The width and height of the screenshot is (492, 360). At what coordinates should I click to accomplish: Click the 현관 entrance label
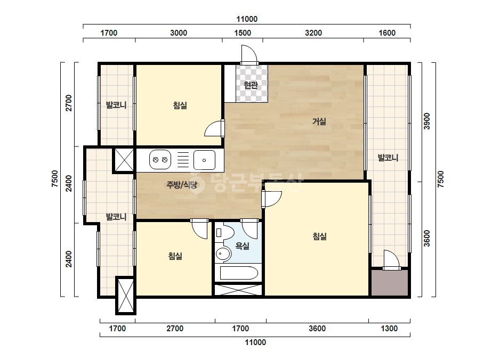(251, 85)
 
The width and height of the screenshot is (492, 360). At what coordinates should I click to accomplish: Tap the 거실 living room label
(319, 121)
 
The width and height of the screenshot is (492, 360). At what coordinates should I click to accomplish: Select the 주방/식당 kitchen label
(182, 185)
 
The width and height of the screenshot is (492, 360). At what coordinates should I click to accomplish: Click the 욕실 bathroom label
(242, 246)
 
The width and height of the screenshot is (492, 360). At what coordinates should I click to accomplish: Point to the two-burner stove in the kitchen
(160, 160)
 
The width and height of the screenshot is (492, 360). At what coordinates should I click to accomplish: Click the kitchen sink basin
(204, 160)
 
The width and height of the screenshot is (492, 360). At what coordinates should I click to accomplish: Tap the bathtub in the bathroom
(239, 273)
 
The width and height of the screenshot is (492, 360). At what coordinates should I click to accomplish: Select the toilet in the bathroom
(224, 233)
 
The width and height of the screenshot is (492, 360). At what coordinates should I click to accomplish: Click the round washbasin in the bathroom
(223, 253)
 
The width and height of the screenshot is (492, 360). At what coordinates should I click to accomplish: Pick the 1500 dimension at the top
(243, 33)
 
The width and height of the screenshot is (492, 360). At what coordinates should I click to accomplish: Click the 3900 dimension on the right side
(427, 121)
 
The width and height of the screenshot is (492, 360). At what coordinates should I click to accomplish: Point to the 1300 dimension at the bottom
(389, 329)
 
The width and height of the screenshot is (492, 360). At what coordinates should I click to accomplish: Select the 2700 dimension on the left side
(68, 103)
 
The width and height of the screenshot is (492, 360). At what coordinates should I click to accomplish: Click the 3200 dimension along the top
(313, 33)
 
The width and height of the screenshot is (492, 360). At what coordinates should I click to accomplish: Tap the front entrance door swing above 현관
(249, 54)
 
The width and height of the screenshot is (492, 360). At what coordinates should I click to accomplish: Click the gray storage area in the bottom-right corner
(390, 283)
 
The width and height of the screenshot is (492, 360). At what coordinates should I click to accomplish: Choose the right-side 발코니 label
(388, 158)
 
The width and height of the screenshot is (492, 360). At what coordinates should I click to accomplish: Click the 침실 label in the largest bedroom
(320, 236)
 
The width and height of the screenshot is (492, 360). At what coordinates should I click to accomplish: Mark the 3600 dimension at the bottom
(317, 329)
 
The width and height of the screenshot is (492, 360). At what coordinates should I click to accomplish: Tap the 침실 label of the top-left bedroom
(180, 105)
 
